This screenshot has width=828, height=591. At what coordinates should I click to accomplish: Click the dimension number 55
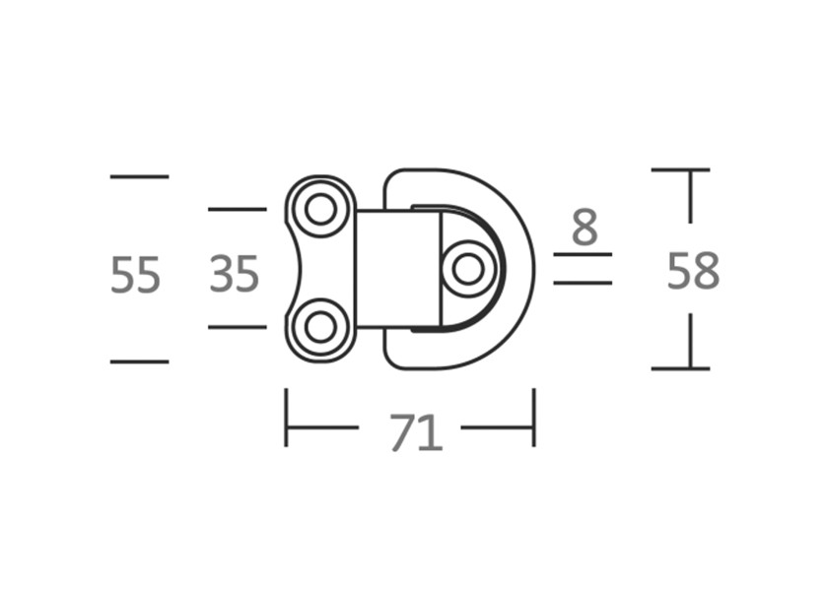[x=135, y=275]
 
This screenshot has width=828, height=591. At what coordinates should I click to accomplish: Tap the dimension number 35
[x=235, y=274]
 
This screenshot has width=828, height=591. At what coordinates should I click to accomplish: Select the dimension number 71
[x=415, y=432]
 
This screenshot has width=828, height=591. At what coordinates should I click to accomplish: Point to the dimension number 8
[x=585, y=229]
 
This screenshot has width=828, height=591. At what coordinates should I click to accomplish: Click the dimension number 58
[x=693, y=271]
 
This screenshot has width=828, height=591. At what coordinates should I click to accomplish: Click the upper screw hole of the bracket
[x=320, y=209]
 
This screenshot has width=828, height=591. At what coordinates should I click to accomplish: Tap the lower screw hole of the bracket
[x=320, y=327]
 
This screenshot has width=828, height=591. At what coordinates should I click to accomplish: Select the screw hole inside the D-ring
[x=468, y=268]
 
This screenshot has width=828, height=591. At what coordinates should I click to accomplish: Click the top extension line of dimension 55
[x=139, y=176]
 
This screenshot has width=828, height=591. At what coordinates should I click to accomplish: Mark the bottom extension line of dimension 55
[x=139, y=361]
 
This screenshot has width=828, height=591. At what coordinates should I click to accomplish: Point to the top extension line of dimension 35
[x=237, y=209]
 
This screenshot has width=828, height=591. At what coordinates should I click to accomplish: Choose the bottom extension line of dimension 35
[x=237, y=327]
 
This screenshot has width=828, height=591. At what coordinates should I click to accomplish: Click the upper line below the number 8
[x=583, y=254]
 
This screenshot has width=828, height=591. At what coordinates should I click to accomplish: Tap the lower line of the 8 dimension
[x=583, y=283]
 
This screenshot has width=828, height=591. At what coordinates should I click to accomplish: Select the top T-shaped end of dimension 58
[x=681, y=171]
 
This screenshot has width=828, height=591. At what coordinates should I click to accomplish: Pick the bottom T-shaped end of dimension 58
[x=681, y=367]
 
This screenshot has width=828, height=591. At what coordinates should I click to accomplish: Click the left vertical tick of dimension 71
[x=286, y=418]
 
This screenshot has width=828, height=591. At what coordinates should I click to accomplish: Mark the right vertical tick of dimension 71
[x=534, y=418]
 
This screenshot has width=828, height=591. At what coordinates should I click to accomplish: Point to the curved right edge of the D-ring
[x=532, y=268]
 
